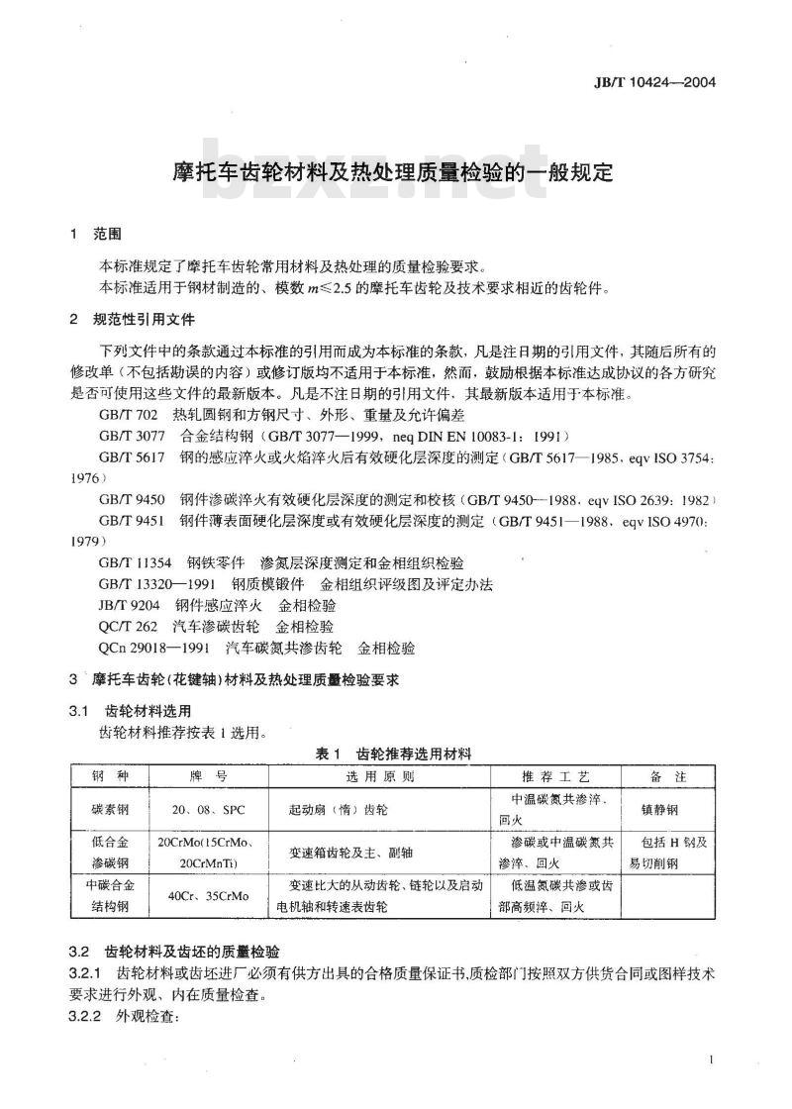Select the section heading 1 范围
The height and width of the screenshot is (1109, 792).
(x=95, y=235)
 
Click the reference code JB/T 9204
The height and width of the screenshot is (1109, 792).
(x=130, y=605)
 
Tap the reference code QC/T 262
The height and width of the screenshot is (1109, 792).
(x=129, y=627)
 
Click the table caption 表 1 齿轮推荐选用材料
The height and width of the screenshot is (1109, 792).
(x=394, y=755)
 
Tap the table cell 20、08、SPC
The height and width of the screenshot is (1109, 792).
(x=208, y=809)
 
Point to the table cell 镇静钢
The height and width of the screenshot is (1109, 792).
(x=659, y=809)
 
